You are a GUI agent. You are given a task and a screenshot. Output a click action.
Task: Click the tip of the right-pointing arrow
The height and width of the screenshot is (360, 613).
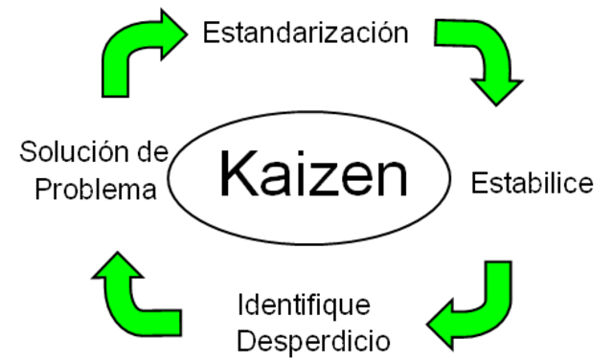pyautogui.click(x=183, y=34)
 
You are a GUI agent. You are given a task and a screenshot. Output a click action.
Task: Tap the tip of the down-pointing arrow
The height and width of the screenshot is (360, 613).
pyautogui.click(x=497, y=100)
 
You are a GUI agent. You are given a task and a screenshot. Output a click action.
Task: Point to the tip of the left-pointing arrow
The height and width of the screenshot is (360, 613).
pyautogui.click(x=432, y=323)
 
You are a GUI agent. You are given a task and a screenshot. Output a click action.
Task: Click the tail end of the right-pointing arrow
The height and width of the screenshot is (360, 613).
pyautogui.click(x=115, y=92)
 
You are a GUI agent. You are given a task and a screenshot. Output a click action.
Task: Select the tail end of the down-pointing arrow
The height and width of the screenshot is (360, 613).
pyautogui.click(x=442, y=34)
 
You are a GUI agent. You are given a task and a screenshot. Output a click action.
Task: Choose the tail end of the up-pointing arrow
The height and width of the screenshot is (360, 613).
pyautogui.click(x=176, y=323)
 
